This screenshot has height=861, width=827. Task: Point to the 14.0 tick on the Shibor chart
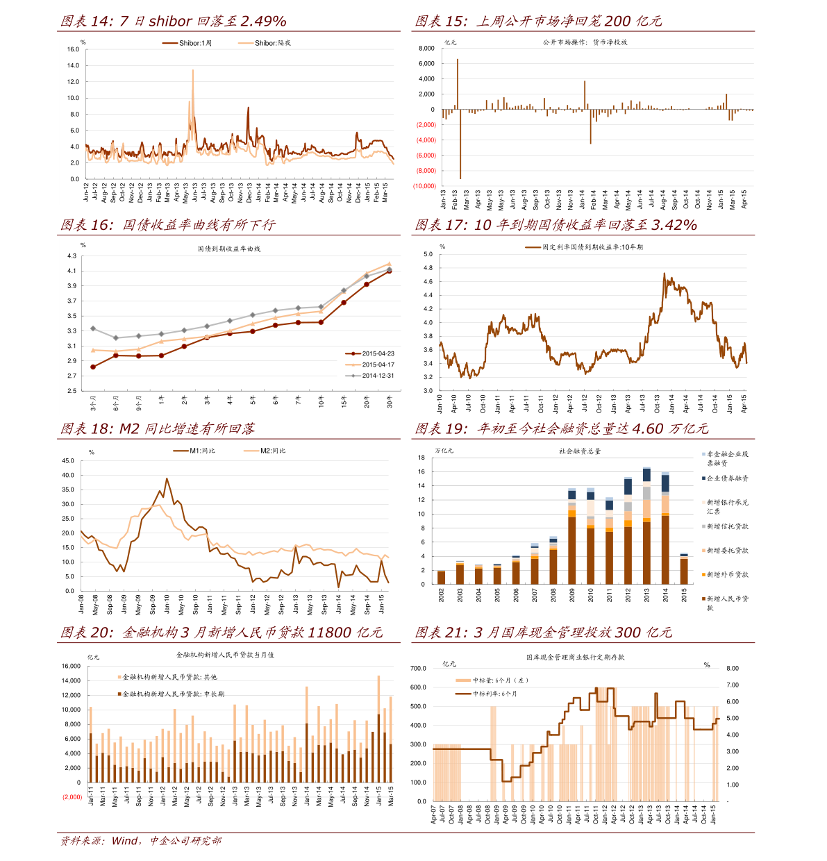pyautogui.click(x=73, y=66)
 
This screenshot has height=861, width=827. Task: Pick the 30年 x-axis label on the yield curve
pyautogui.click(x=390, y=401)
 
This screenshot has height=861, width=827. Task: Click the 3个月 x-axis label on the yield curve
pyautogui.click(x=93, y=402)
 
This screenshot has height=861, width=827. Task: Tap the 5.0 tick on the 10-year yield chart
pyautogui.click(x=428, y=254)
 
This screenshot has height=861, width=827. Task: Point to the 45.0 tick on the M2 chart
pyautogui.click(x=68, y=461)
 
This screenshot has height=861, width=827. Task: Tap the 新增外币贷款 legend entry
pyautogui.click(x=727, y=575)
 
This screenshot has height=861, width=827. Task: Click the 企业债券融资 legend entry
pyautogui.click(x=727, y=478)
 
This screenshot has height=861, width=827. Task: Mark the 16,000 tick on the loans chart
pyautogui.click(x=72, y=667)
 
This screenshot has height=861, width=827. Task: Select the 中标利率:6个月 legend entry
pyautogui.click(x=494, y=694)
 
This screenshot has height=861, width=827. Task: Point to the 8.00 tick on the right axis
pyautogui.click(x=732, y=669)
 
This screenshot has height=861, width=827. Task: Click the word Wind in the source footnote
pyautogui.click(x=126, y=841)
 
